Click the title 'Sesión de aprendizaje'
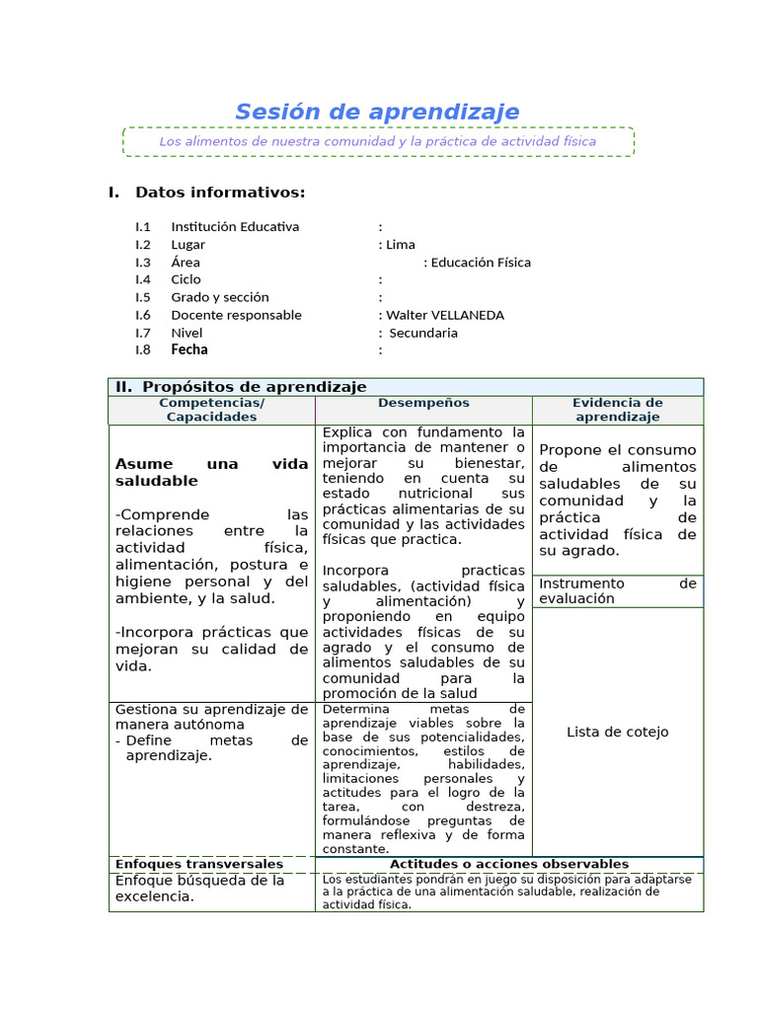tap(377, 113)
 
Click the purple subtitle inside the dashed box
tap(377, 141)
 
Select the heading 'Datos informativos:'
tap(220, 192)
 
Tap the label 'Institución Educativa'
tap(235, 227)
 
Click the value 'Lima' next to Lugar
tap(401, 245)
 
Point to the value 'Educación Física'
tap(481, 263)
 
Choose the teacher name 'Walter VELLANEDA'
tap(444, 315)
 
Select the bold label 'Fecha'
tap(189, 350)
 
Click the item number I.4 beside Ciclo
tap(143, 279)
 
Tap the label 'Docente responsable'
tap(236, 315)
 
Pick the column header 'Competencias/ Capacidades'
tap(211, 410)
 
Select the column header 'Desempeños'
tap(423, 403)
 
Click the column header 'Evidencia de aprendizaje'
tap(618, 410)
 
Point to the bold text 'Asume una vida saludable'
tap(211, 472)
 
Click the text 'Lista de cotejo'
tap(618, 732)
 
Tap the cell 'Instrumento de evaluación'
tap(618, 590)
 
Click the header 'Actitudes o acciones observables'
tap(509, 864)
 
